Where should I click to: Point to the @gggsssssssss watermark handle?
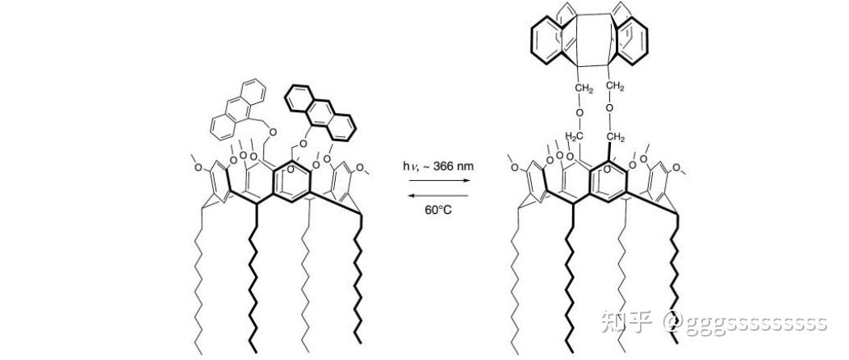click(x=744, y=323)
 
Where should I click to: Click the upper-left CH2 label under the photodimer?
click(x=583, y=87)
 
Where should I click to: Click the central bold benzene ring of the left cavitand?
click(x=291, y=180)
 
